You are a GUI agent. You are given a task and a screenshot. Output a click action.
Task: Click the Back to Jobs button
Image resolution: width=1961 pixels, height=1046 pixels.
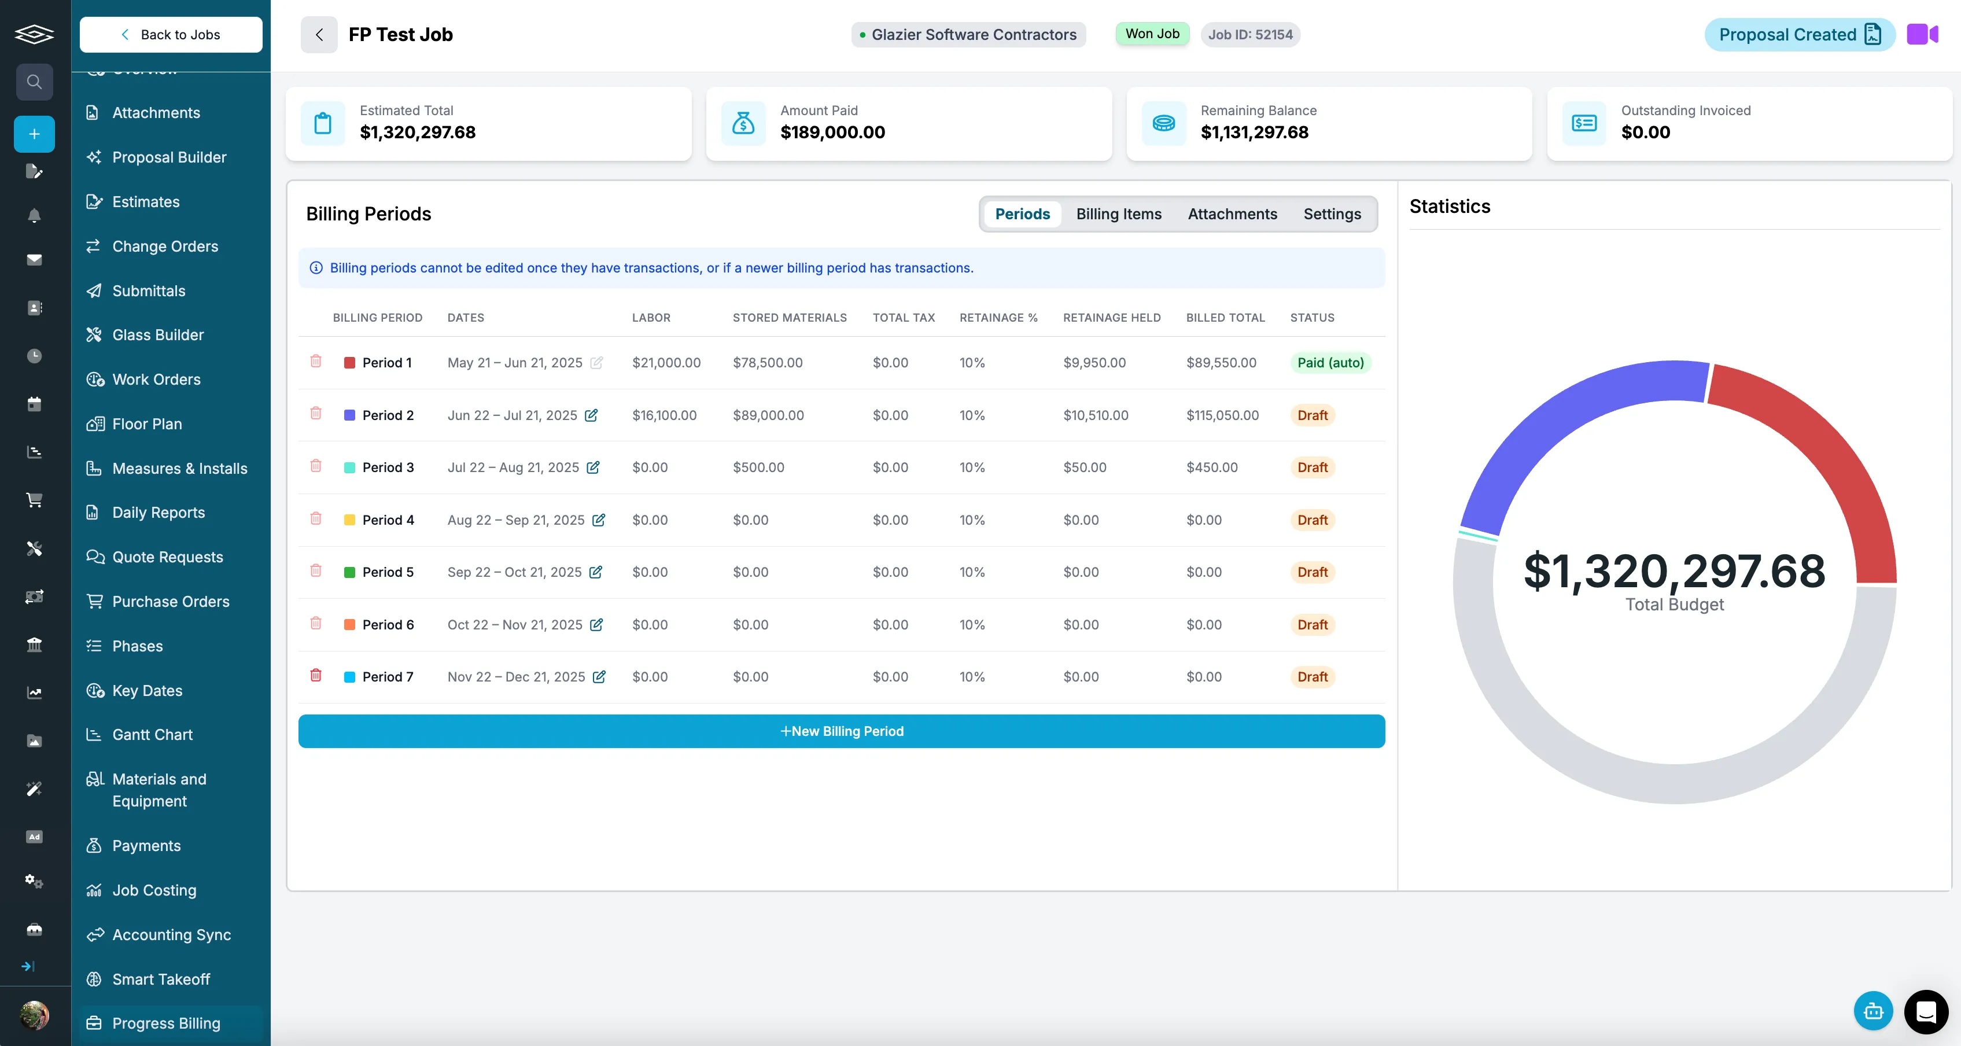(x=171, y=34)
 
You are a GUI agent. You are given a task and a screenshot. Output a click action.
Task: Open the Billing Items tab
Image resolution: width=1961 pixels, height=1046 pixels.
(x=1118, y=214)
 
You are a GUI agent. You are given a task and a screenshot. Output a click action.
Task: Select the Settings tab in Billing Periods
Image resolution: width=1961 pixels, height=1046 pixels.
(x=1332, y=214)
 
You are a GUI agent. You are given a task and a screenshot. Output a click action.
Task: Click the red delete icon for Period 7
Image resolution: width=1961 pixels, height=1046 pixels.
(x=316, y=675)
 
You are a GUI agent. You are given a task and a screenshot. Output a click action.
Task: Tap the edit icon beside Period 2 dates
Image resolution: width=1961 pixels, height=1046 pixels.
(x=591, y=415)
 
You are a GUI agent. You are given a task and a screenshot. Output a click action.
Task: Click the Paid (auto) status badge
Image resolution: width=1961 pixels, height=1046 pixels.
(x=1330, y=362)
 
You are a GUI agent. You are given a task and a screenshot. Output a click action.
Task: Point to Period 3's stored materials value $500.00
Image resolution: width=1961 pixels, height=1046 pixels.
(x=758, y=467)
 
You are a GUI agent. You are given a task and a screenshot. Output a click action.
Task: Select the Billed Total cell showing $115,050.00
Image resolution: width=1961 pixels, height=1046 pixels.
(x=1222, y=415)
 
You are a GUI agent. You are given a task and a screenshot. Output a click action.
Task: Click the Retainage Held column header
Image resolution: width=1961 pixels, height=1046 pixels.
(x=1111, y=318)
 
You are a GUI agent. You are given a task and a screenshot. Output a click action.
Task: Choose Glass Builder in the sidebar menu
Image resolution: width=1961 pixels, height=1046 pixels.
(x=157, y=335)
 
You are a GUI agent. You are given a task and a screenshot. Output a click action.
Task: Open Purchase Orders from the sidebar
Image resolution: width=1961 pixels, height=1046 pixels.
(x=171, y=602)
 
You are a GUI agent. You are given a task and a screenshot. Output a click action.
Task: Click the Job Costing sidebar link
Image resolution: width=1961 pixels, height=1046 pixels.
(x=154, y=890)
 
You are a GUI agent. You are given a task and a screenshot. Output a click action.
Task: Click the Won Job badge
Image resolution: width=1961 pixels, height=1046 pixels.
(x=1152, y=34)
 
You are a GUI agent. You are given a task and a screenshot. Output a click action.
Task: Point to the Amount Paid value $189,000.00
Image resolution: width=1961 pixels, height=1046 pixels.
(x=832, y=132)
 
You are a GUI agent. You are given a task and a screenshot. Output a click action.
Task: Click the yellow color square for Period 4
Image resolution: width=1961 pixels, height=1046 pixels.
(x=349, y=520)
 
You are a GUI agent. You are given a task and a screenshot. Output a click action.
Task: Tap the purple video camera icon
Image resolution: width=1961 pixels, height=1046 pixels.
(x=1922, y=34)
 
